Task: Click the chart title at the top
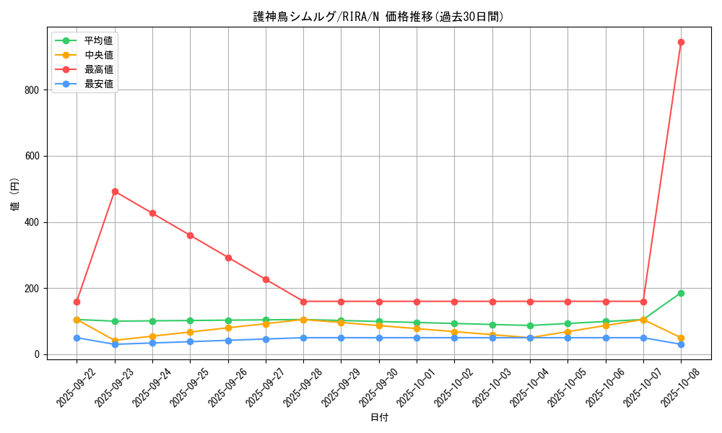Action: [379, 17]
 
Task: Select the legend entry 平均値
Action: [98, 40]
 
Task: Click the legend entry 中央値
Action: [98, 55]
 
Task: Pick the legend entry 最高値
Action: [98, 69]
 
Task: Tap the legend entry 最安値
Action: [98, 84]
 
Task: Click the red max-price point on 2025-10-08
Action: [681, 42]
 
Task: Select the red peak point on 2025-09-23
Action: [115, 191]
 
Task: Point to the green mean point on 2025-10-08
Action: [681, 293]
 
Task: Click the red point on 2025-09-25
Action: [190, 235]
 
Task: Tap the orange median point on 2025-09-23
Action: [115, 341]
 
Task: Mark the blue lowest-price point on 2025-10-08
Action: [681, 344]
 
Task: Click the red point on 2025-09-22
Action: [77, 302]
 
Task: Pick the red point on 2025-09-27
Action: [266, 279]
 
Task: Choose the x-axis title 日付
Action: [379, 417]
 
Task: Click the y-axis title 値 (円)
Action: [15, 194]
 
